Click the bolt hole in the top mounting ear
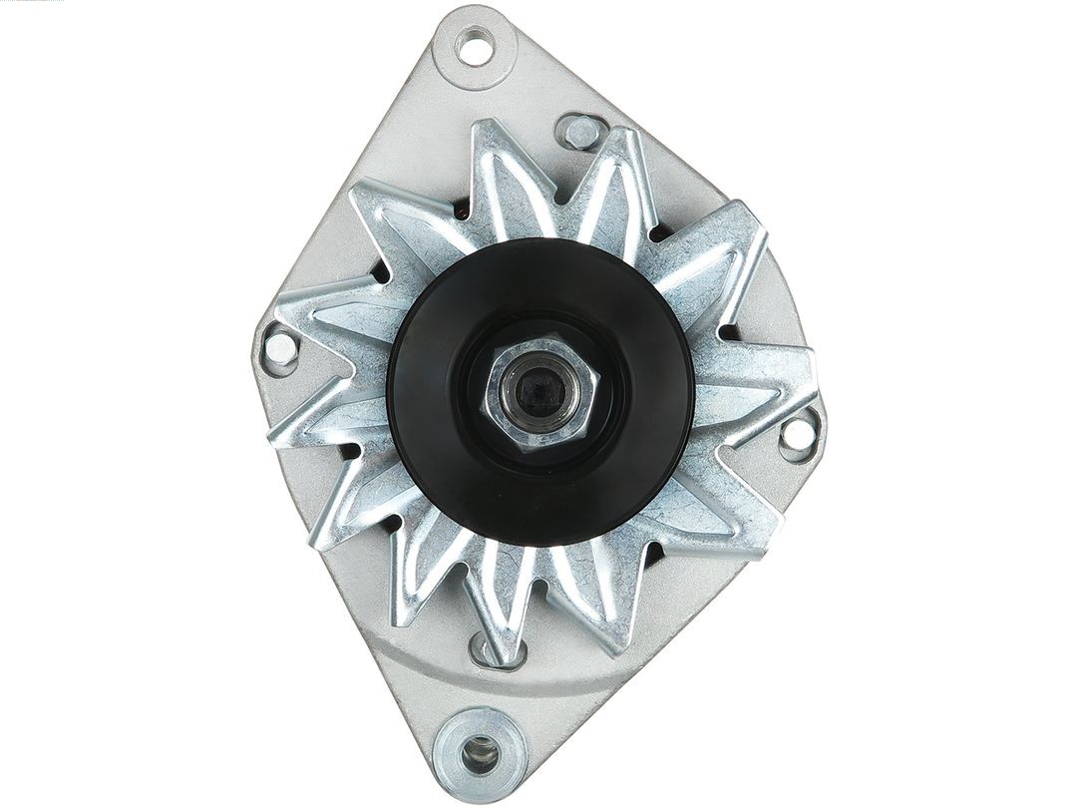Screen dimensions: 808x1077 point(475,46)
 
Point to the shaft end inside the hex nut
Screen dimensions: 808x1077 point(530,385)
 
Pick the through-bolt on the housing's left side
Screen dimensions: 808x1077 point(279,347)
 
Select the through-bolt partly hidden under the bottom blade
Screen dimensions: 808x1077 point(486,649)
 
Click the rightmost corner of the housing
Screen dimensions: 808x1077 point(820,424)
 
